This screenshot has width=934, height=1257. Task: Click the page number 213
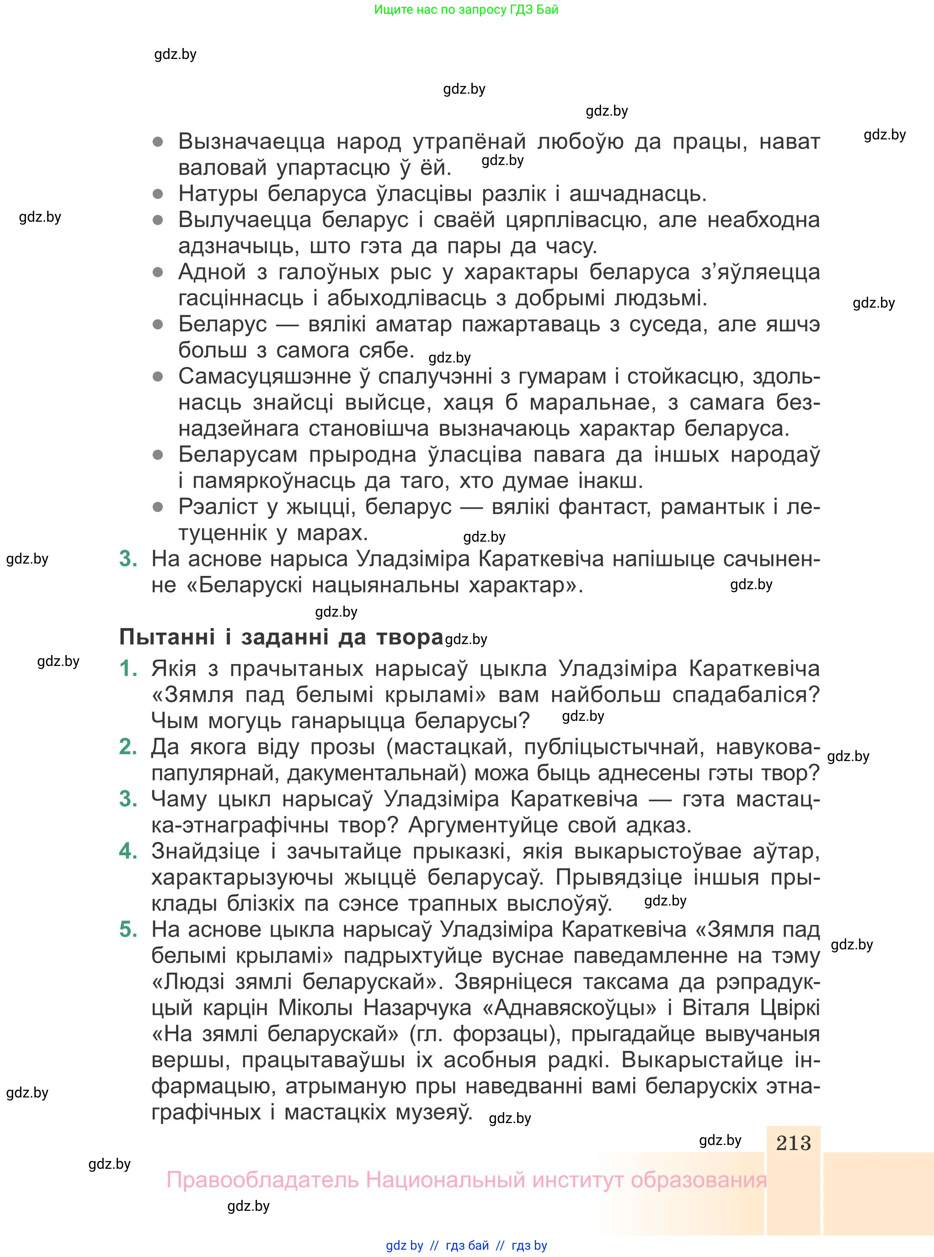[793, 1143]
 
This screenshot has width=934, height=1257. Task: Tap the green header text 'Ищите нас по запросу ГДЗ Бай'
[466, 10]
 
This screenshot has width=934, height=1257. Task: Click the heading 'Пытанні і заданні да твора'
[281, 637]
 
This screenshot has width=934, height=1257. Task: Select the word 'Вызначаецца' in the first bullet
[251, 141]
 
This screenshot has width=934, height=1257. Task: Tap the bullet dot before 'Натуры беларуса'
[158, 194]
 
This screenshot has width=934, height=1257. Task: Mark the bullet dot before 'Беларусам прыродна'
[158, 454]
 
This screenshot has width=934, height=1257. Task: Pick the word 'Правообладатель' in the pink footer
[262, 1180]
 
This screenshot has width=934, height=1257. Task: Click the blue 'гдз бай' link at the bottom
[467, 1245]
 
